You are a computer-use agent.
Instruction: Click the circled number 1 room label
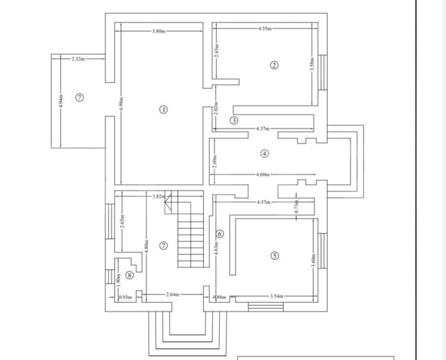[x=163, y=109]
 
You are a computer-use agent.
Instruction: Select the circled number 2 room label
[x=274, y=65]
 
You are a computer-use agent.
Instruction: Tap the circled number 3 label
[x=234, y=120]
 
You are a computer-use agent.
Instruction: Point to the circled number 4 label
[x=264, y=153]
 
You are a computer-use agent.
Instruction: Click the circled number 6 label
[x=219, y=234]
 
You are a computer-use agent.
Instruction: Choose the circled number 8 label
[x=130, y=275]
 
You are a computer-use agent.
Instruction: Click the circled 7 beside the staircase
[x=163, y=246]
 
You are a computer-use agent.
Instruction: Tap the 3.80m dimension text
[x=159, y=31]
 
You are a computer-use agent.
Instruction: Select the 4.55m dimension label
[x=265, y=29]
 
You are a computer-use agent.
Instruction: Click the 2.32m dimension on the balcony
[x=78, y=58]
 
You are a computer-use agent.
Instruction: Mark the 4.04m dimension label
[x=61, y=102]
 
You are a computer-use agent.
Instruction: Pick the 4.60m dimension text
[x=263, y=174]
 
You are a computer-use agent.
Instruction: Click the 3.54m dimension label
[x=276, y=297]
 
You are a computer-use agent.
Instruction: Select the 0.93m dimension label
[x=125, y=297]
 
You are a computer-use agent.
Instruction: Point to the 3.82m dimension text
[x=159, y=196]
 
